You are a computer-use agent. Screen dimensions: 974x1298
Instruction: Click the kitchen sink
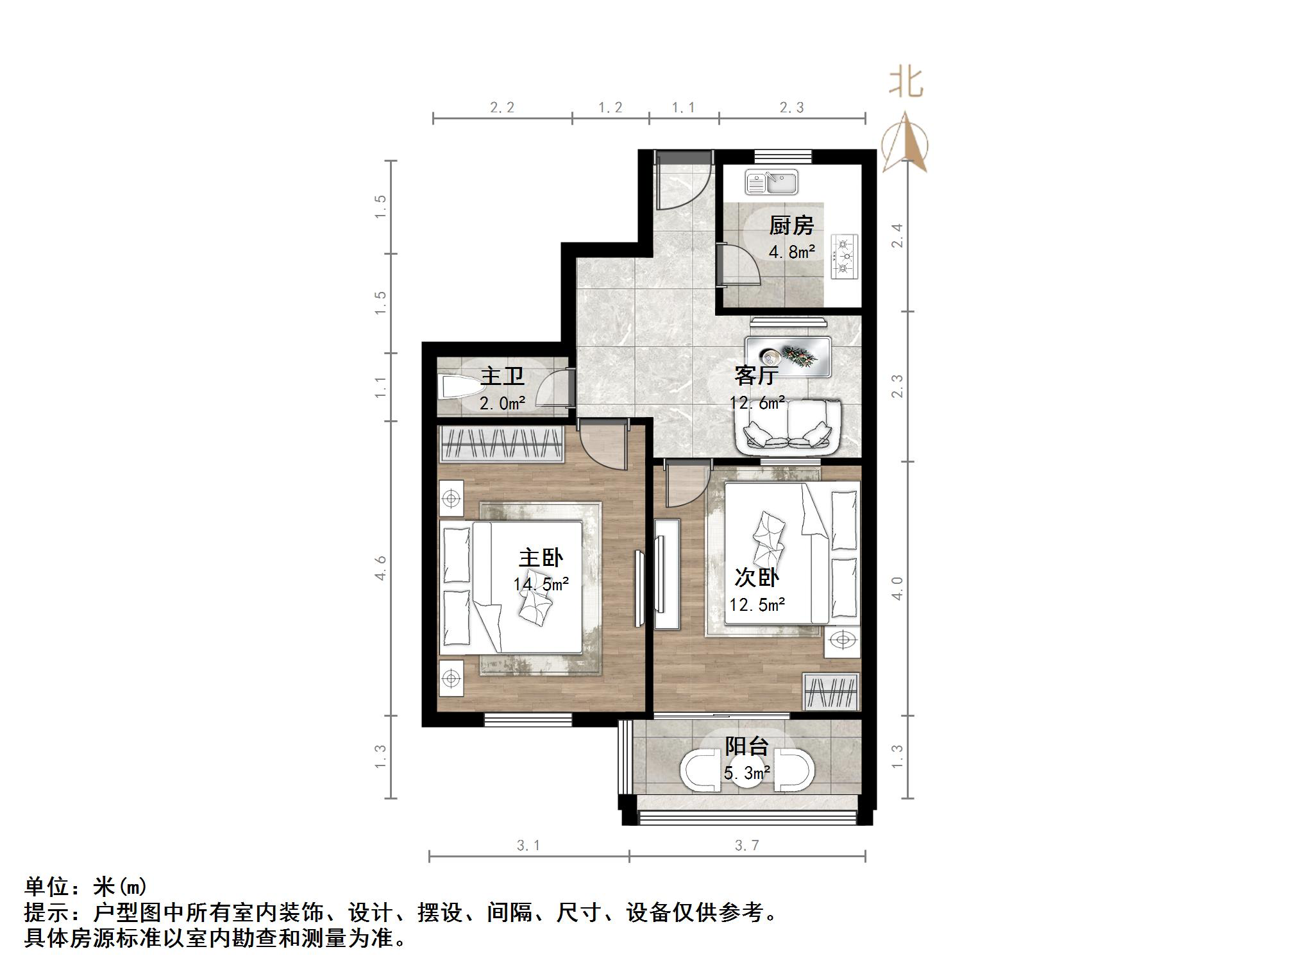point(771,182)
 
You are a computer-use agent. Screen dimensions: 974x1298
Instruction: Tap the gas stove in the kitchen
point(845,257)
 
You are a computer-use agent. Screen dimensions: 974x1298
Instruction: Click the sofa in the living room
point(788,427)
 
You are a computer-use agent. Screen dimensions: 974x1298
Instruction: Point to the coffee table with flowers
point(788,357)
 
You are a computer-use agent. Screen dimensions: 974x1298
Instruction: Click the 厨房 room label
point(791,226)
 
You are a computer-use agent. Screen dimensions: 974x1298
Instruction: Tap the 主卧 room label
point(541,558)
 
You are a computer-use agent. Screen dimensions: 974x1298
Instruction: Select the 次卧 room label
point(757,577)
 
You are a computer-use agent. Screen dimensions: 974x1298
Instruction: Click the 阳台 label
point(746,746)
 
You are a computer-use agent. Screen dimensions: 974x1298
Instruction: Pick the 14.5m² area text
point(541,585)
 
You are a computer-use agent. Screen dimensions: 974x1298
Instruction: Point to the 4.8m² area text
point(791,252)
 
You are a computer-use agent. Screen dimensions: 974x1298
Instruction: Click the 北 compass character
point(906,83)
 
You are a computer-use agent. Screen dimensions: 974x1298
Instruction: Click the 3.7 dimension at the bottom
point(747,846)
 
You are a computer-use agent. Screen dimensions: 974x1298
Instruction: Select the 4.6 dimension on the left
point(381,568)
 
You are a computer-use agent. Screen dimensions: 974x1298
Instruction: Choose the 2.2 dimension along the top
point(502,108)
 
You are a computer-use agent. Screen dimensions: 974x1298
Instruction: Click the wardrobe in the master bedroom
point(501,443)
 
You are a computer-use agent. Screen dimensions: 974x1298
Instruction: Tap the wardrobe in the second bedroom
point(831,692)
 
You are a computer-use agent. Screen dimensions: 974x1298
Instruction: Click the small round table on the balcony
point(746,774)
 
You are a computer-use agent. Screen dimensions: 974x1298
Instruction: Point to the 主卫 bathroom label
point(502,376)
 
